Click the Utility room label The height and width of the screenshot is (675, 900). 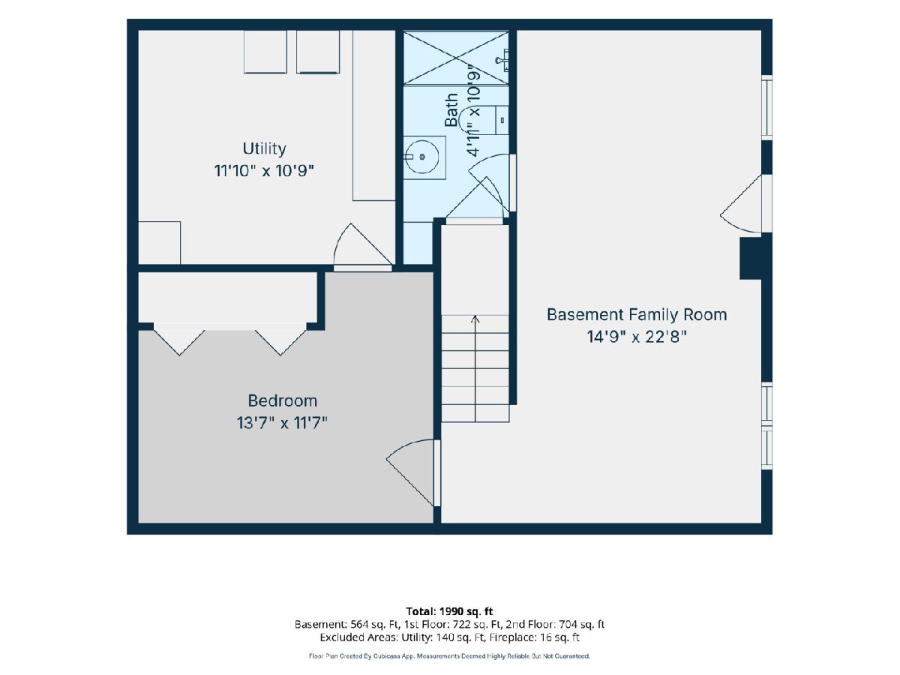click(264, 148)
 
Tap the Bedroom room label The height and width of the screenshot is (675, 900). click(283, 400)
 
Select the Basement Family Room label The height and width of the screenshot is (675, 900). click(637, 315)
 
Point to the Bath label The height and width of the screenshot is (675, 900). click(451, 109)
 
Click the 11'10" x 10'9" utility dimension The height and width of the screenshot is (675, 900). click(264, 171)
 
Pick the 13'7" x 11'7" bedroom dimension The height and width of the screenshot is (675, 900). click(283, 423)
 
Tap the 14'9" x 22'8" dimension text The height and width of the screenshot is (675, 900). click(637, 337)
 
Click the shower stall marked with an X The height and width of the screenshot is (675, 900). click(456, 58)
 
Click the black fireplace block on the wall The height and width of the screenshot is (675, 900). click(751, 259)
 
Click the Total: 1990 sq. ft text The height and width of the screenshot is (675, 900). click(449, 611)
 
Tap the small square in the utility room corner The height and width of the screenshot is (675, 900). click(160, 243)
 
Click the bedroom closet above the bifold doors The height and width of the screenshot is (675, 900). click(227, 298)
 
